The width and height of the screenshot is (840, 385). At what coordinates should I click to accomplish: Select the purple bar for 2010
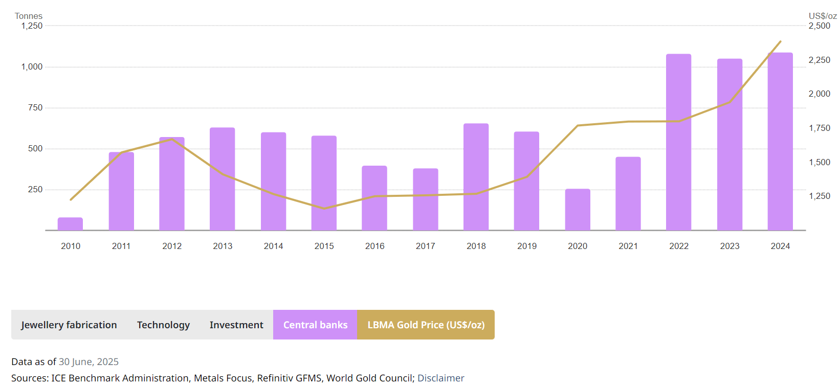[x=70, y=224]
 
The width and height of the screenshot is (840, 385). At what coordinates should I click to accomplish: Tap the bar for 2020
[x=578, y=210]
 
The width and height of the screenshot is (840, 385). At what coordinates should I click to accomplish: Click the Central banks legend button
[x=315, y=325]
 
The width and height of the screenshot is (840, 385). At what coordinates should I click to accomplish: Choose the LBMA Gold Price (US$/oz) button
[x=426, y=325]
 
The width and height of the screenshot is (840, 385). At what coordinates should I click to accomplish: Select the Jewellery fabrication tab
[x=69, y=325]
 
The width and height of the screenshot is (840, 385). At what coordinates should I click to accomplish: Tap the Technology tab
[x=163, y=325]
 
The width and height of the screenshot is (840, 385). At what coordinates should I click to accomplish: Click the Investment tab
[x=236, y=325]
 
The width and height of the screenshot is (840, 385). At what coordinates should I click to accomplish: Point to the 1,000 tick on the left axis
[x=32, y=66]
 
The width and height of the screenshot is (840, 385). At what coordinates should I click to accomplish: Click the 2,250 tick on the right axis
[x=819, y=60]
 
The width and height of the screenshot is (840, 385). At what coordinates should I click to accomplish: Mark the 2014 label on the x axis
[x=273, y=246]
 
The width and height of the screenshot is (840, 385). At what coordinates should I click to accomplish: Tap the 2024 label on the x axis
[x=780, y=246]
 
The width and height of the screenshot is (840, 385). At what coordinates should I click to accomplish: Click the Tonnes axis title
[x=29, y=16]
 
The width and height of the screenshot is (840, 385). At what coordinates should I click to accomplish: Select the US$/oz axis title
[x=822, y=16]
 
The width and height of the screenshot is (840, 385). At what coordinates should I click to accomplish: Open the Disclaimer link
[x=440, y=378]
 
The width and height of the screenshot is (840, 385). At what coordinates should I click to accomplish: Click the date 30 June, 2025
[x=89, y=361]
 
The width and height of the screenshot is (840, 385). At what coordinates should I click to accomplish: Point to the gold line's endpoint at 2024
[x=780, y=41]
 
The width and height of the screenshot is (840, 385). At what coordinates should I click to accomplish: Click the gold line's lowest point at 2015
[x=324, y=208]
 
